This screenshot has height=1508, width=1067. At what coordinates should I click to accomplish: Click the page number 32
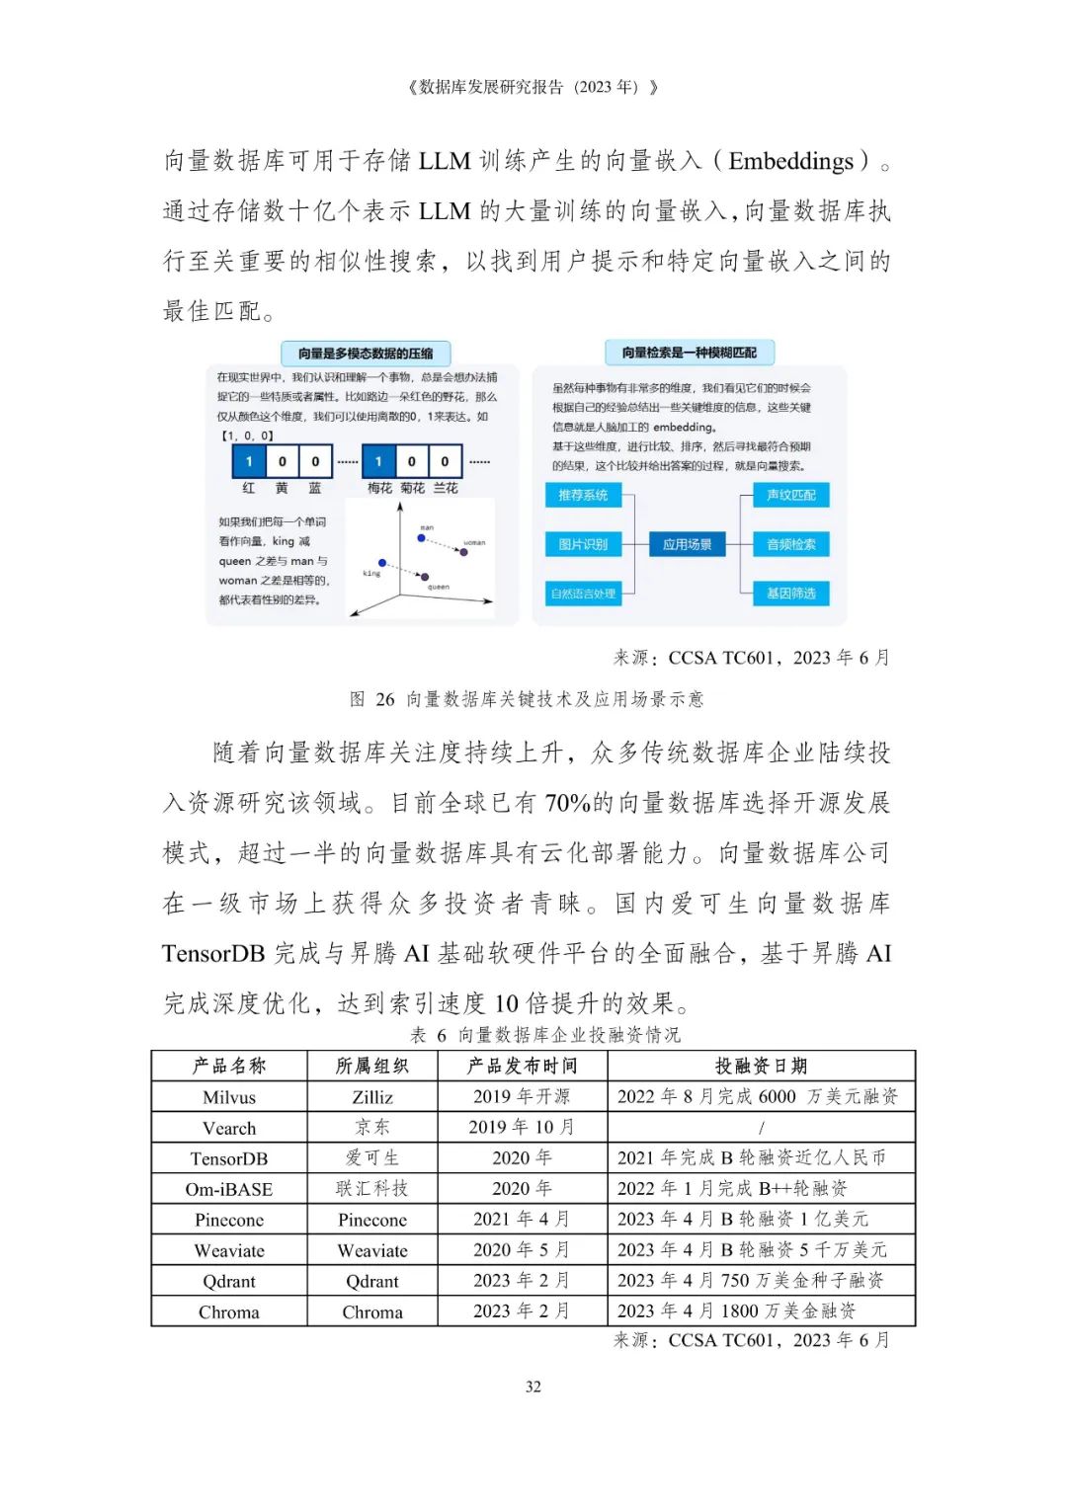pos(533,1387)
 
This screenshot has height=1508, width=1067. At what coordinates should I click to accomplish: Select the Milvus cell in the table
pos(229,1097)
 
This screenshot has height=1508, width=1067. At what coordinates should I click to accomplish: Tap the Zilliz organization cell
pos(372,1097)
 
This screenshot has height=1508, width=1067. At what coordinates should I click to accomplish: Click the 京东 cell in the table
pos(372,1128)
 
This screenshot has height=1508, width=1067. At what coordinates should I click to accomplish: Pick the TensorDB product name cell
pos(229,1158)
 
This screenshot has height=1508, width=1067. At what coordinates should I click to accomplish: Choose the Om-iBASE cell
pos(229,1189)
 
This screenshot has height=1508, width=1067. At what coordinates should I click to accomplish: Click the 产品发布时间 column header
pos(522,1066)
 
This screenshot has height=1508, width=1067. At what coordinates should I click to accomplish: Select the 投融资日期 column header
pos(761,1066)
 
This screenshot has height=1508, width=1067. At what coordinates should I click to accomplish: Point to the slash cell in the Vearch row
pos(761,1128)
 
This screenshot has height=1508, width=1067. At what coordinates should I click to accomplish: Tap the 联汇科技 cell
pos(372,1189)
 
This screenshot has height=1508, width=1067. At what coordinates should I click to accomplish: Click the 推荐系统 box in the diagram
pos(583,495)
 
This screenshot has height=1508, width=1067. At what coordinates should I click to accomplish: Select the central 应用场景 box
pos(688,544)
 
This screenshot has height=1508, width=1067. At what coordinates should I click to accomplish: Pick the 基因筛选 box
pos(791,594)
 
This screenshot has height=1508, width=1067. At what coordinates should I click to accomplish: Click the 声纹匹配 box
pos(791,495)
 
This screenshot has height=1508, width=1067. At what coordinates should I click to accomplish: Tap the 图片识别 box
pos(583,544)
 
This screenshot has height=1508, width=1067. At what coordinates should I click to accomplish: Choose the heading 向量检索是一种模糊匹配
pos(689,353)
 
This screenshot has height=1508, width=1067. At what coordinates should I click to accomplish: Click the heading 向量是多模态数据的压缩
pos(366,354)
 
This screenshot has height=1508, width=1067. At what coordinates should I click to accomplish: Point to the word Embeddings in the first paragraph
pos(790,161)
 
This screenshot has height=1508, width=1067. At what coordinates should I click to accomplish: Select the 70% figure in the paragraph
pos(567,803)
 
